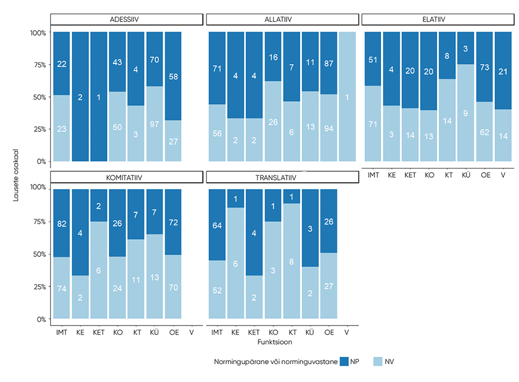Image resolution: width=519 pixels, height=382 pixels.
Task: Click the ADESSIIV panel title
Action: tap(127, 19)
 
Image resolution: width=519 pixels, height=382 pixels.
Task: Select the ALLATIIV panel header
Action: tap(282, 19)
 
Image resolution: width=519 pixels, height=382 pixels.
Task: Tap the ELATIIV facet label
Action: tap(438, 19)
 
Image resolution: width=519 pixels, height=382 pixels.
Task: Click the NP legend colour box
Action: tap(344, 361)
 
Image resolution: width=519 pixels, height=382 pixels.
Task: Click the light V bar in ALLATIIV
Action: tap(347, 96)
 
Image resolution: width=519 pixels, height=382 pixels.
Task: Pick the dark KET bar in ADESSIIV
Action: tap(99, 96)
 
